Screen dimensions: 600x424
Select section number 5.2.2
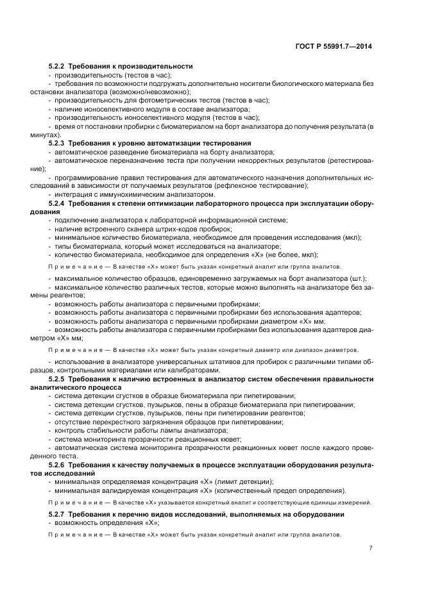(58, 67)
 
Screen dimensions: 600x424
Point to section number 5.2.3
(58, 142)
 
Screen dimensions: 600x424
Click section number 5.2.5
(58, 379)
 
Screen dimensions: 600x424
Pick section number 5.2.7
(58, 514)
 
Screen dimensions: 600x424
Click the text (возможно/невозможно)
(140, 92)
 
